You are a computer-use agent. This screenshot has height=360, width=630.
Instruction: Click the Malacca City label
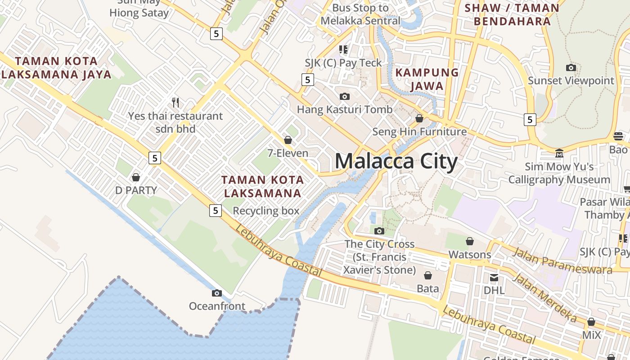click(x=396, y=161)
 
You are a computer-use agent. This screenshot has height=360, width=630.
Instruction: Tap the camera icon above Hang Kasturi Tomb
click(x=345, y=96)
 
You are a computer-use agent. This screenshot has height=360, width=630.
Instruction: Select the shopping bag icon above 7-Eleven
click(x=288, y=140)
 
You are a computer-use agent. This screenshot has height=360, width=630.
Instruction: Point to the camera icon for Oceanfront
click(x=216, y=293)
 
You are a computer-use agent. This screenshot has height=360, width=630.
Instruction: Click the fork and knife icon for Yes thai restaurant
click(x=175, y=103)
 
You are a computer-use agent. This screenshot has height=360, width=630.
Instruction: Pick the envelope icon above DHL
click(x=494, y=277)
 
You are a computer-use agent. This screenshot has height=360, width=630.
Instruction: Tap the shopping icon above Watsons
click(x=470, y=241)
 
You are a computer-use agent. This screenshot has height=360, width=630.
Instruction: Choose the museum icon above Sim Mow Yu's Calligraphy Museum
click(x=559, y=153)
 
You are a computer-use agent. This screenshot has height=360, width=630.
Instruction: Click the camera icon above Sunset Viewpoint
click(x=571, y=67)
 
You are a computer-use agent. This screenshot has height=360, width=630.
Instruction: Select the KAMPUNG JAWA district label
click(x=427, y=79)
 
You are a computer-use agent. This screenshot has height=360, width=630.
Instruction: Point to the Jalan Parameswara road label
click(x=562, y=261)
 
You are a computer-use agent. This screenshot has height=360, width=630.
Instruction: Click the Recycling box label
click(x=266, y=211)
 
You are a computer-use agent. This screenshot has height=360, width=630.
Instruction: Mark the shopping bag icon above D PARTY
click(x=136, y=177)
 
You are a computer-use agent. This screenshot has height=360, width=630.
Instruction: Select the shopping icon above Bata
click(x=427, y=275)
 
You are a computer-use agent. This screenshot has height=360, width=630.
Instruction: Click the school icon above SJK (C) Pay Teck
click(x=344, y=49)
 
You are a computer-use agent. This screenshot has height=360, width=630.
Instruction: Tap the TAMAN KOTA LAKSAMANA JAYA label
click(x=56, y=67)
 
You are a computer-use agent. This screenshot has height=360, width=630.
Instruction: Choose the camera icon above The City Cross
click(x=379, y=231)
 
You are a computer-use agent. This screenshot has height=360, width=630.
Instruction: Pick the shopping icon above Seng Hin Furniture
click(x=419, y=118)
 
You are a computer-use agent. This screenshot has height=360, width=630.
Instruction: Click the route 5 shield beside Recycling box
click(x=216, y=210)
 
